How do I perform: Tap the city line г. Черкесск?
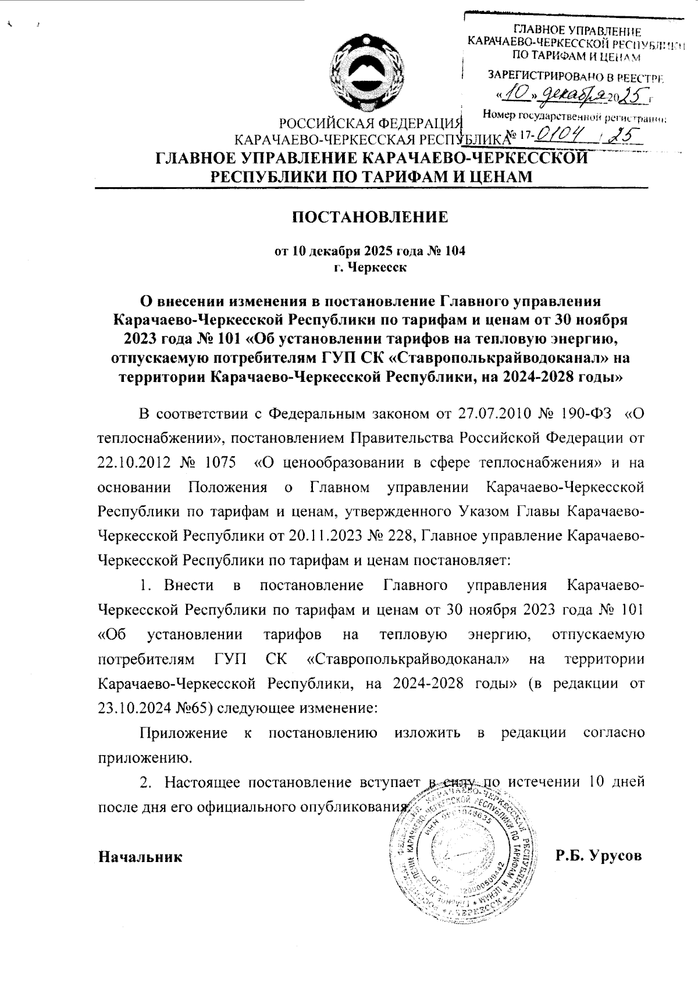tap(369, 267)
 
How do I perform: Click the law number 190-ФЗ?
tap(586, 414)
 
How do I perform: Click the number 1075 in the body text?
tap(222, 463)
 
